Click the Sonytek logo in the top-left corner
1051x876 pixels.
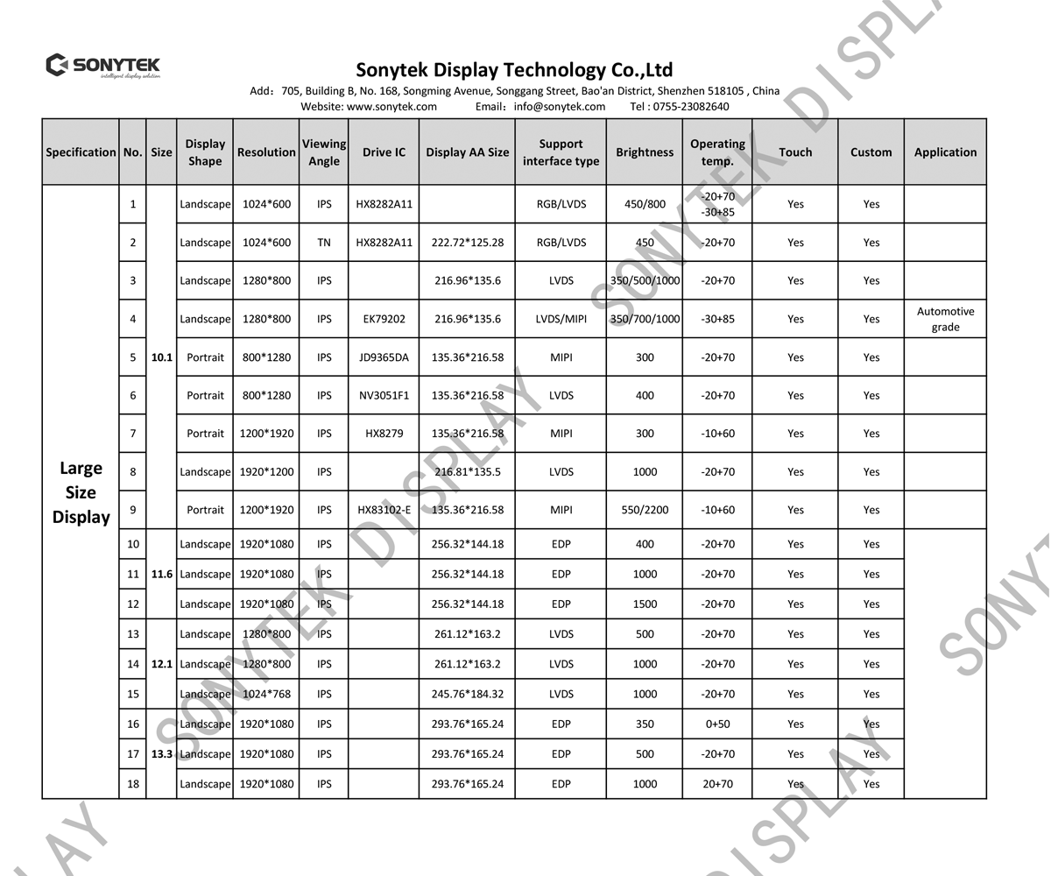click(x=103, y=66)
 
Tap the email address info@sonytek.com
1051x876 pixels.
click(x=560, y=107)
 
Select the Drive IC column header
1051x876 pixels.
click(x=384, y=152)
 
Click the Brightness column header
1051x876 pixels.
click(x=645, y=152)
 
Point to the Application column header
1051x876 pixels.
click(x=945, y=152)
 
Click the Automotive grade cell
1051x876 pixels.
click(x=945, y=319)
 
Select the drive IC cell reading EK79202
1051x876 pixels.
click(x=384, y=319)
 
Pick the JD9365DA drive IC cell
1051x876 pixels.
click(x=384, y=357)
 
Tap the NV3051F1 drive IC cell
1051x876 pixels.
click(x=384, y=395)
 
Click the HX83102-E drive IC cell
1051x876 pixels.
click(x=384, y=510)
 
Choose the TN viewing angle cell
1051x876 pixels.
click(x=324, y=243)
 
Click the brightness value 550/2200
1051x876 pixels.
click(x=645, y=510)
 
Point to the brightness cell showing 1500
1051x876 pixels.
click(x=645, y=604)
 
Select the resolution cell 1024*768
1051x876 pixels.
click(x=266, y=694)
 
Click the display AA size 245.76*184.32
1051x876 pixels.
click(x=468, y=694)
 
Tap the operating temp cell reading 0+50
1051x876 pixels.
click(x=717, y=724)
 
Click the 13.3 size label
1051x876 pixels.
click(x=161, y=754)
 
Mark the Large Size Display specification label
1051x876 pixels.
click(x=81, y=492)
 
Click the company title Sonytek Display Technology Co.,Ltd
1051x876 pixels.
click(x=514, y=70)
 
